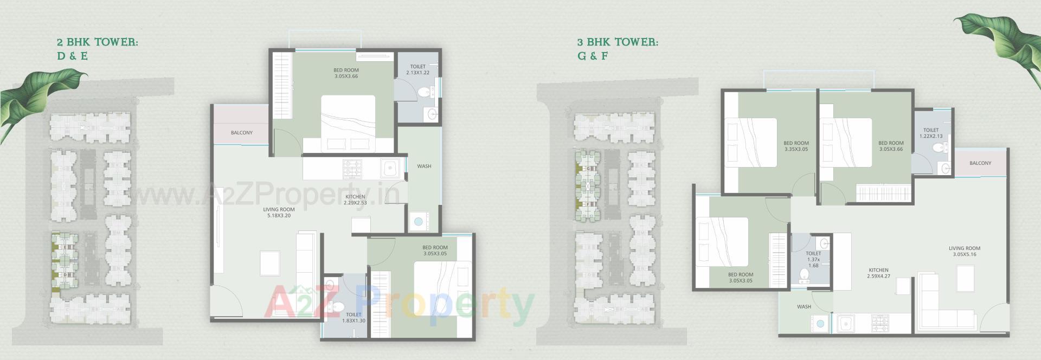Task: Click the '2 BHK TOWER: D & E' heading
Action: coord(97,49)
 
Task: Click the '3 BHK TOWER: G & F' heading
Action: coord(618,49)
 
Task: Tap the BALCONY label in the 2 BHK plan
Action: coord(242,133)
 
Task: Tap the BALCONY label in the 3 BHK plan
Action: coord(980,163)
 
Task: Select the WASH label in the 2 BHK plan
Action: coord(424,166)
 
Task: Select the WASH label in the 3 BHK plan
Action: coord(804,307)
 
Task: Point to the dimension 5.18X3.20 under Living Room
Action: coord(279,216)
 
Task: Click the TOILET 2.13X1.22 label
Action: coord(417,70)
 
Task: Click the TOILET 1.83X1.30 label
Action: coord(354,318)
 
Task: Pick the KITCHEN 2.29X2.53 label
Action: coord(355,200)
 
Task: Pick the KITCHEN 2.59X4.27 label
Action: coord(878,273)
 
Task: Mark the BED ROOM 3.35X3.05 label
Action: coord(796,146)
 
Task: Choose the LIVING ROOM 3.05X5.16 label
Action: coord(965,252)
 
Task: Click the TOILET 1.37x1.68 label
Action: coord(813,259)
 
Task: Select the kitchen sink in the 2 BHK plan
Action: coord(390,169)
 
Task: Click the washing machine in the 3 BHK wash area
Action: coord(820,324)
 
